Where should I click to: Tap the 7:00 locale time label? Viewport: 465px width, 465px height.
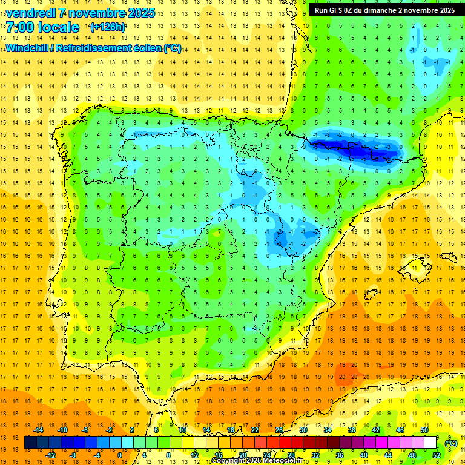[42, 27]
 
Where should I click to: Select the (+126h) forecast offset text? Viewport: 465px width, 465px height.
[108, 27]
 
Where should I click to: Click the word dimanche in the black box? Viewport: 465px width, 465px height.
[375, 10]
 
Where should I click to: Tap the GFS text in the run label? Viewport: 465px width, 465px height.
[337, 10]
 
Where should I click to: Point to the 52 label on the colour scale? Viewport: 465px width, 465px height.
[437, 455]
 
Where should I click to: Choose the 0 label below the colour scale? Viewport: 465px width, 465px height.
[119, 455]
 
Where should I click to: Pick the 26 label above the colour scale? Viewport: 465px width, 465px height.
[279, 430]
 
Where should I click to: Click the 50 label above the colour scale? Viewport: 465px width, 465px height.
[424, 430]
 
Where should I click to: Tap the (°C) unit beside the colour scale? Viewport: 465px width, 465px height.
[451, 443]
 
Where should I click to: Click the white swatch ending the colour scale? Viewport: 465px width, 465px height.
[430, 443]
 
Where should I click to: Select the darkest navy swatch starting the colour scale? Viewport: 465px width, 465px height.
[31, 443]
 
